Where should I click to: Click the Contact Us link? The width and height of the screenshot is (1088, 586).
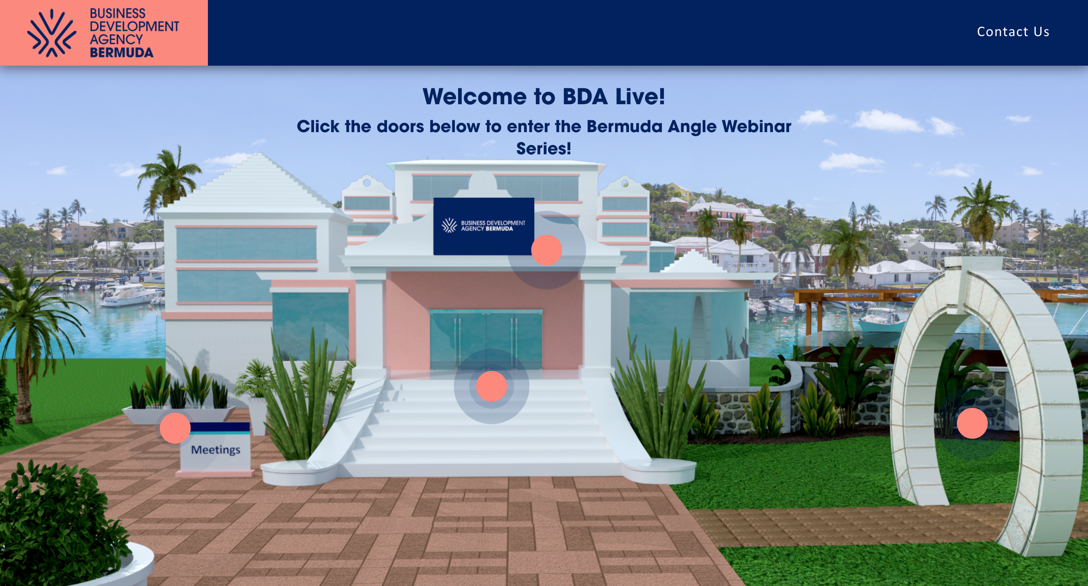tap(1013, 32)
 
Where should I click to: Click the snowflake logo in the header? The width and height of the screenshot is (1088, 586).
tap(51, 33)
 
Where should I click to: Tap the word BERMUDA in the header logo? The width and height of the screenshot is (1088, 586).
tap(122, 53)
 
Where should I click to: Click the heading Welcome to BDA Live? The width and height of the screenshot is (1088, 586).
tap(544, 96)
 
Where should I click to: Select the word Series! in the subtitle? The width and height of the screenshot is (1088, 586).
tap(544, 149)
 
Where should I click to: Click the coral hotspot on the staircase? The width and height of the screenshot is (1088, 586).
tap(491, 386)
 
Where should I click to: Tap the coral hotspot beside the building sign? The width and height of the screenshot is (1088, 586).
tap(546, 250)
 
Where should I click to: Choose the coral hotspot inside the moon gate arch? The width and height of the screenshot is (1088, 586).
tap(972, 423)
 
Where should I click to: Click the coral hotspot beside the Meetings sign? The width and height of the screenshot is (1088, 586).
tap(175, 428)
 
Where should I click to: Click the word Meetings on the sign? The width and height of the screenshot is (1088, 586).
tap(215, 450)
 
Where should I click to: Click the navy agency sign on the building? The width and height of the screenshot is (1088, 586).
tap(484, 226)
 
